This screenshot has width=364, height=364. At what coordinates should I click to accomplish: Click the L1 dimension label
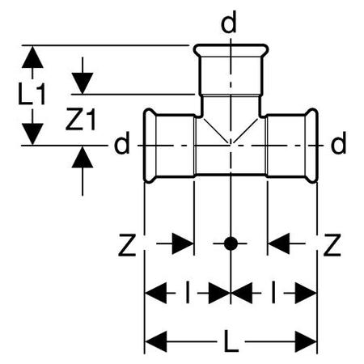[x=32, y=94]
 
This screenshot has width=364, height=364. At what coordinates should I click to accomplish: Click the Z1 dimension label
[x=81, y=119]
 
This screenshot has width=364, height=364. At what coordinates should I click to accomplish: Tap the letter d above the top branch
[x=228, y=22]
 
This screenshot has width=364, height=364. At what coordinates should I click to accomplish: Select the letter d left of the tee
[x=122, y=142]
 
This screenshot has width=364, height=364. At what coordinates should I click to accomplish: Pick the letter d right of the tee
[x=338, y=142]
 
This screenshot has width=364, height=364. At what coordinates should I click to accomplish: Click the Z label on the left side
[x=127, y=245]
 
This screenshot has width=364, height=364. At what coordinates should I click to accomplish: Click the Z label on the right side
[x=332, y=245]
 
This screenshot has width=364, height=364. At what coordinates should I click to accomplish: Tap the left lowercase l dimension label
[x=188, y=292]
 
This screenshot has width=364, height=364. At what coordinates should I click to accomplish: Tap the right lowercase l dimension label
[x=273, y=292]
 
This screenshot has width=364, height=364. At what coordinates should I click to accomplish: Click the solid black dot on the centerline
[x=231, y=243]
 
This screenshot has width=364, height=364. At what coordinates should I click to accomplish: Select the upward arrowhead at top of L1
[x=32, y=57]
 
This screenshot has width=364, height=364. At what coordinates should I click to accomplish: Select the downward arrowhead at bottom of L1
[x=32, y=133]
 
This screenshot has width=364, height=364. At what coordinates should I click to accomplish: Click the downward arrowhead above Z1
[x=83, y=83]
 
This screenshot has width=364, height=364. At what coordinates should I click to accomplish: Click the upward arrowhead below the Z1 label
[x=83, y=157]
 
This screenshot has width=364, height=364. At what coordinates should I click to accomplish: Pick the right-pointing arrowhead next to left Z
[x=183, y=243]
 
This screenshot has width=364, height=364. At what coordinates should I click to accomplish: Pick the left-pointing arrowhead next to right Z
[x=279, y=243]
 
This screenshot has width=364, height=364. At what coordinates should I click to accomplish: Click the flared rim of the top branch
[x=231, y=45]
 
